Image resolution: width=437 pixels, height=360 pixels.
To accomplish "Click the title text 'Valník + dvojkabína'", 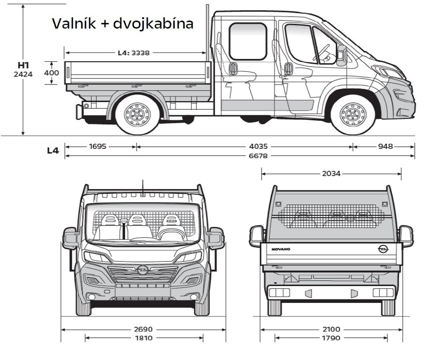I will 122,23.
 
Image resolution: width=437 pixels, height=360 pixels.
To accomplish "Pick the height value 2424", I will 23,74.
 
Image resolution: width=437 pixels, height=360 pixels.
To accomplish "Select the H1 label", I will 23,65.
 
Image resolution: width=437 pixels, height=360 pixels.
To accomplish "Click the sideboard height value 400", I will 52,73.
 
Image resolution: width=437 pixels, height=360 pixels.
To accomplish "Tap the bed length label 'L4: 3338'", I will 135,53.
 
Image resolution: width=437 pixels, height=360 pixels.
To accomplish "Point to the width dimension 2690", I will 143,329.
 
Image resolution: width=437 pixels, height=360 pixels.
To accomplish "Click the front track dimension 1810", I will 143,338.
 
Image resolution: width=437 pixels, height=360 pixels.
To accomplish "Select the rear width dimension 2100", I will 331,329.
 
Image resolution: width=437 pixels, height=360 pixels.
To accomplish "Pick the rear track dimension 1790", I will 331,338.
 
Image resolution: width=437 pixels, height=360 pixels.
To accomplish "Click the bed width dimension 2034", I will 331,174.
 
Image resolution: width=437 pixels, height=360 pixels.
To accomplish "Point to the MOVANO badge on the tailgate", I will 281,249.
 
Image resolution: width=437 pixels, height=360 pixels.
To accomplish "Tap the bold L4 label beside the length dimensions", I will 53,150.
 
